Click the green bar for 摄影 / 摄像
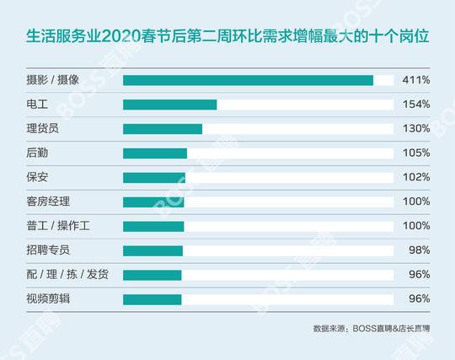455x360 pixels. pos(248,80)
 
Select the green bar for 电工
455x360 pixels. pos(170,105)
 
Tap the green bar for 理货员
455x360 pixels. pos(163,129)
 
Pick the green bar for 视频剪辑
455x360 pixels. pos(153,299)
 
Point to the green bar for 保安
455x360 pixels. pos(154,178)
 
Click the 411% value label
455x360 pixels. pos(416,80)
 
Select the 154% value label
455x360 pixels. pos(416,105)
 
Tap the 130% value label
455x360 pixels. pos(416,129)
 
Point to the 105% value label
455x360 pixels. pos(416,153)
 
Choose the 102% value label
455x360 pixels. pos(416,178)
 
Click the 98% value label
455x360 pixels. pos(419,250)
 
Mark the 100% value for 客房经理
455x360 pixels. pos(416,202)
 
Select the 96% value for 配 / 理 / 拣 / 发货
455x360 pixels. pos(419,275)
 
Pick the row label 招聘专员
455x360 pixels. pos(50,250)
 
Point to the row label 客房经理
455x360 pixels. pos(50,202)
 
